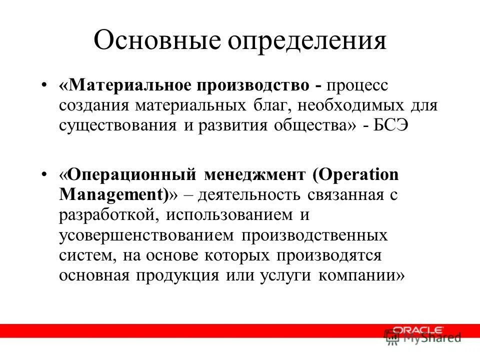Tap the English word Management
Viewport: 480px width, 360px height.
click(112, 194)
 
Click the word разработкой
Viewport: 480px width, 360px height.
click(104, 215)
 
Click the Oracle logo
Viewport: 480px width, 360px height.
click(417, 330)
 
